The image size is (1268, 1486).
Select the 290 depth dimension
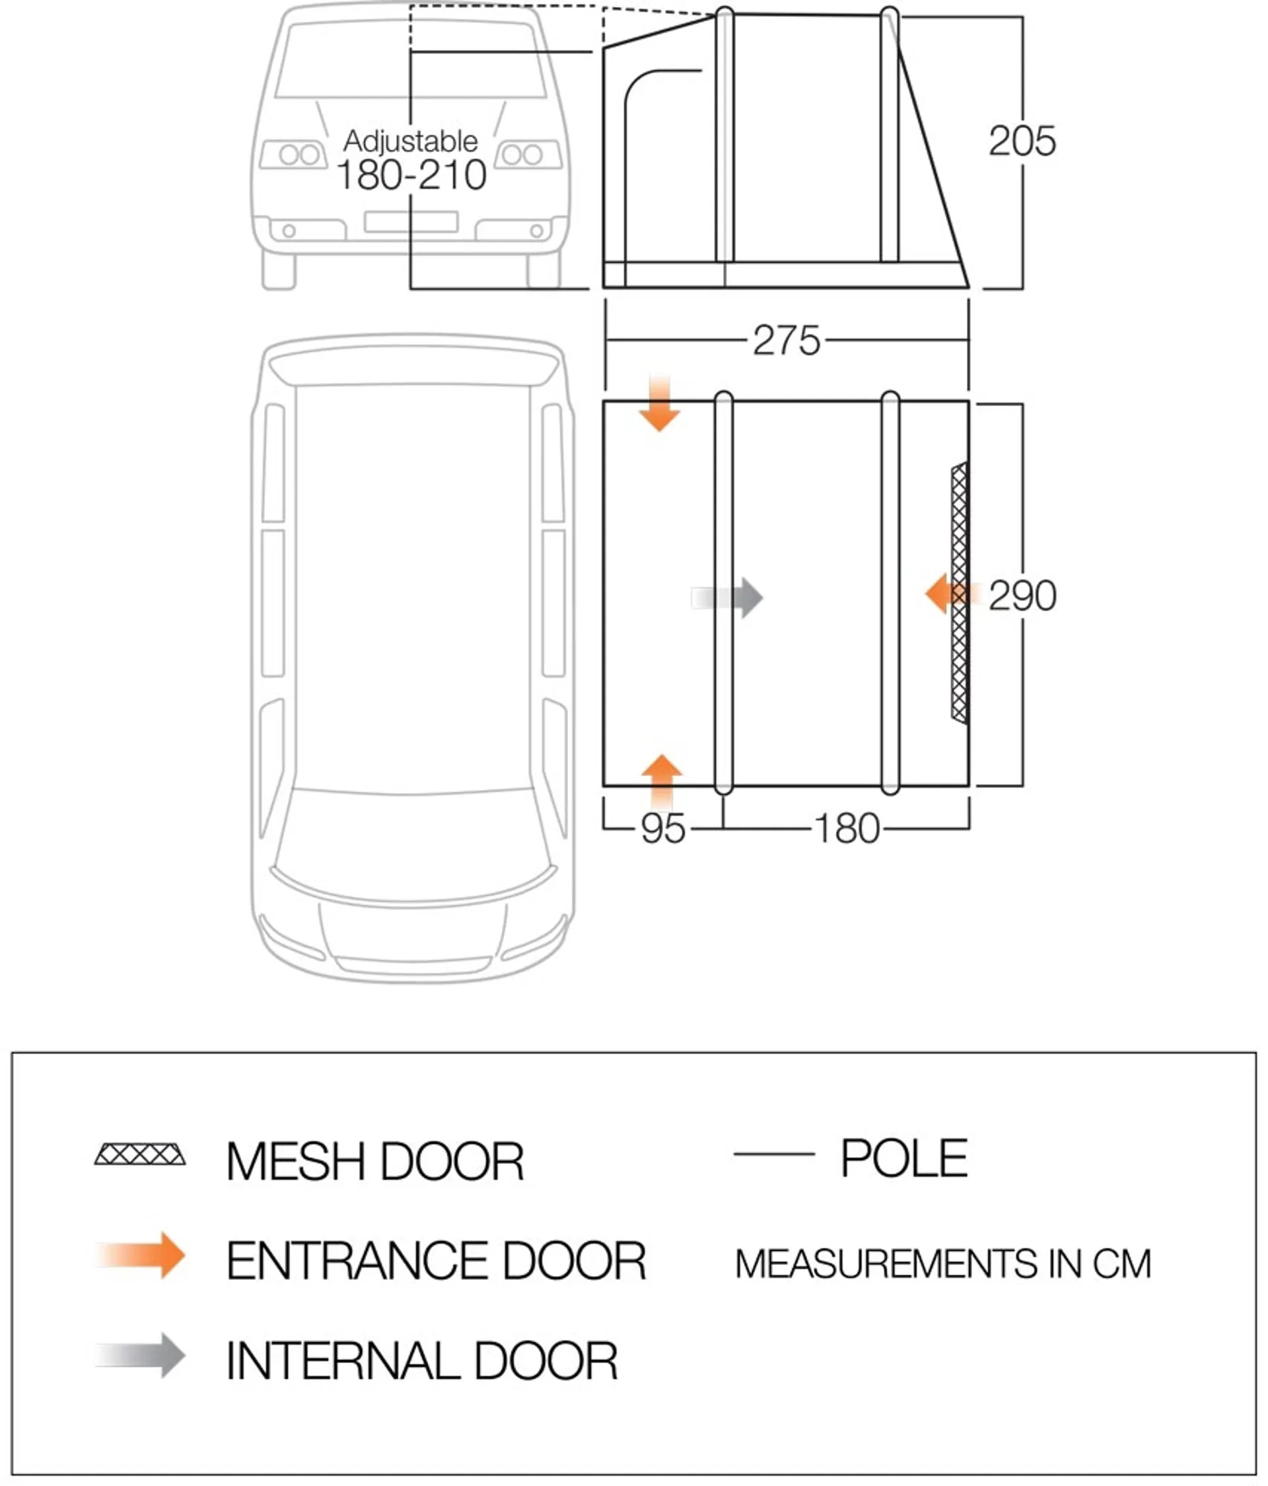[1022, 595]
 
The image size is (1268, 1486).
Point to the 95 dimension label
[662, 828]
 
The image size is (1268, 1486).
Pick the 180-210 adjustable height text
[411, 175]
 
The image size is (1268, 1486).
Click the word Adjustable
[410, 141]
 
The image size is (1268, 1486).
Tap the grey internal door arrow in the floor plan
[726, 598]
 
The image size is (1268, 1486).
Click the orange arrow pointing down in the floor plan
[659, 402]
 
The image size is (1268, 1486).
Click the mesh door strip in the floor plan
[959, 592]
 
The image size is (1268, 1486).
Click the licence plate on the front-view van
[411, 222]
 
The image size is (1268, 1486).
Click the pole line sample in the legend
[774, 1154]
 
